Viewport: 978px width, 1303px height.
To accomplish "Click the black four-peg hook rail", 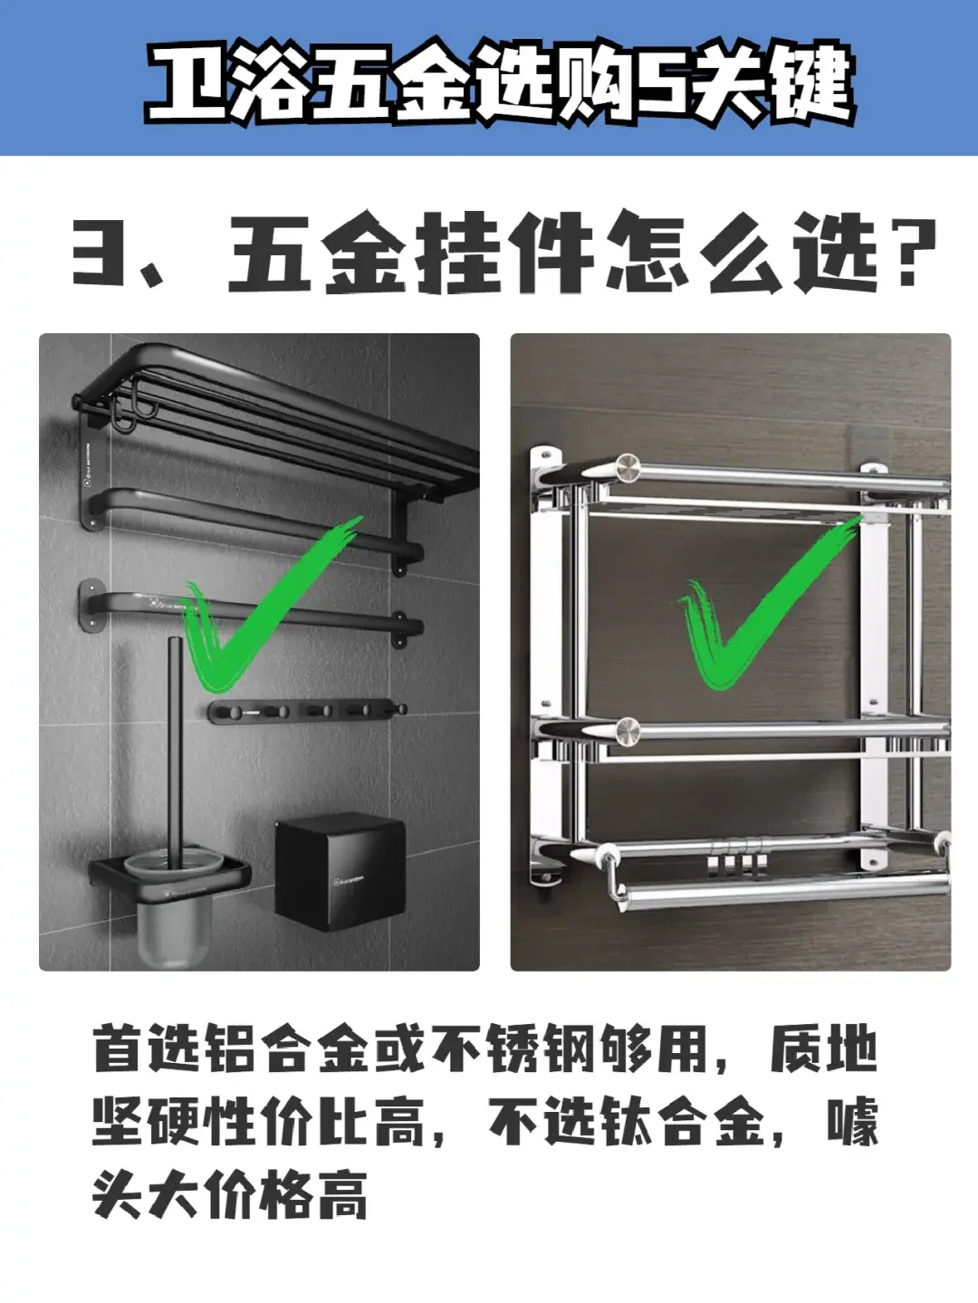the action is click(307, 710).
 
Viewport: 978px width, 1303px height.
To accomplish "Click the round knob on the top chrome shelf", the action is click(628, 468).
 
